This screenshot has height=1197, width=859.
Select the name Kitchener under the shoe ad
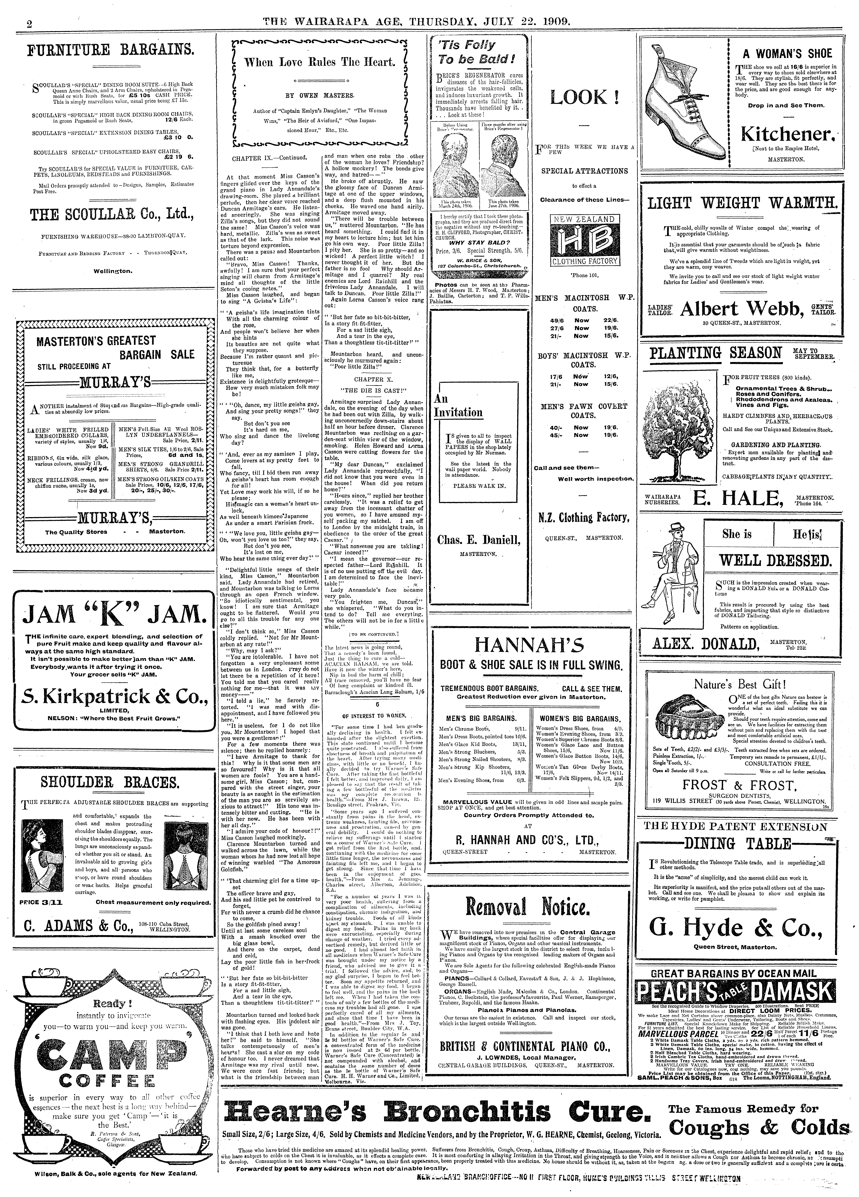point(788,134)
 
